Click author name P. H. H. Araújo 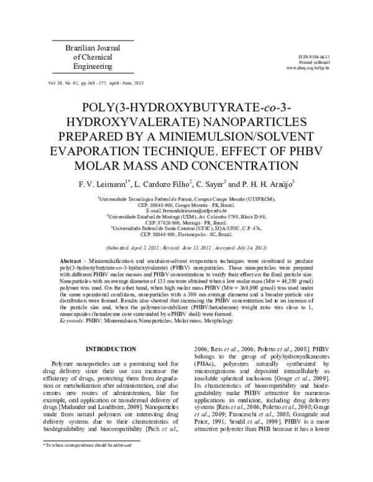269,184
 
